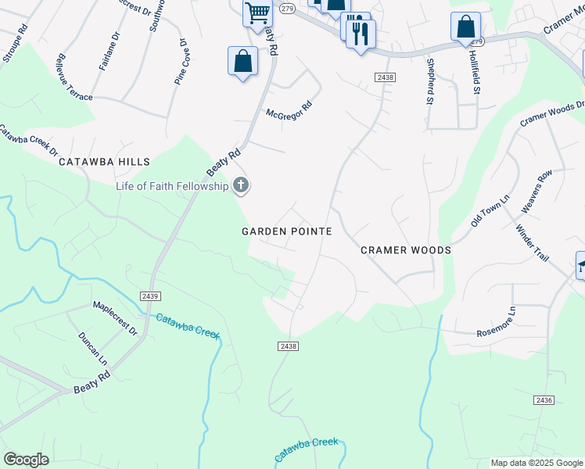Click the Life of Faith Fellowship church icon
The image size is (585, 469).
point(241,185)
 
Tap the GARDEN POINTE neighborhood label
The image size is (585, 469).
point(287,231)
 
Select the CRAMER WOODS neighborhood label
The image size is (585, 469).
point(405,250)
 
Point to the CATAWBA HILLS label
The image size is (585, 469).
point(104,162)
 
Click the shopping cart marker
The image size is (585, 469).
point(257,13)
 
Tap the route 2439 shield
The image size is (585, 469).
point(151,295)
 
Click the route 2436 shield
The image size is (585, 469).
point(544,400)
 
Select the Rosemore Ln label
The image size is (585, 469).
point(496,322)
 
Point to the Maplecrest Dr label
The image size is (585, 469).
point(115,319)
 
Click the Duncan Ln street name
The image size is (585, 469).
point(92,348)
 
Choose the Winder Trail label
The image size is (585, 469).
point(532,242)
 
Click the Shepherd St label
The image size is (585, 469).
point(429,81)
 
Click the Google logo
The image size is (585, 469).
point(26,460)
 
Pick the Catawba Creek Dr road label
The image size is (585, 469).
point(28,135)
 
